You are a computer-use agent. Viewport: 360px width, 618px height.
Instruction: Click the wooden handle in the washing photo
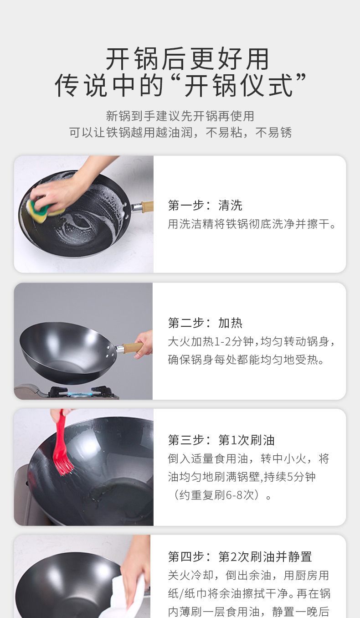tap(147, 206)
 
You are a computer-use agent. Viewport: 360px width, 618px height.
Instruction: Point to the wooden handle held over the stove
tap(133, 347)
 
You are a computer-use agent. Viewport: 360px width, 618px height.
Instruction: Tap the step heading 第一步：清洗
tap(205, 206)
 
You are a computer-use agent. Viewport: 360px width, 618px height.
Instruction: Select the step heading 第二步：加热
tap(205, 323)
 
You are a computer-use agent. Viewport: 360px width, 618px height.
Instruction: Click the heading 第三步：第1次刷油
tap(221, 440)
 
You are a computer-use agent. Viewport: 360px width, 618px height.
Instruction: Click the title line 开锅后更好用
tap(188, 59)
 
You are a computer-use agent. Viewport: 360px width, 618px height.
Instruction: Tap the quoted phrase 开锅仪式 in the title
tap(238, 85)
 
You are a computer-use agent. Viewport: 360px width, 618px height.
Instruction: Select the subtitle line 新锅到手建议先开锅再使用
tap(180, 116)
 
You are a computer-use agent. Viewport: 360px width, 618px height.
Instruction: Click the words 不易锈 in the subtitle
tap(273, 133)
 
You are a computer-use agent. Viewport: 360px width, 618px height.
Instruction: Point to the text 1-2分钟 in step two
tap(233, 341)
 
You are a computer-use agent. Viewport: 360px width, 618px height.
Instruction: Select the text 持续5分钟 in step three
tap(289, 477)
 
